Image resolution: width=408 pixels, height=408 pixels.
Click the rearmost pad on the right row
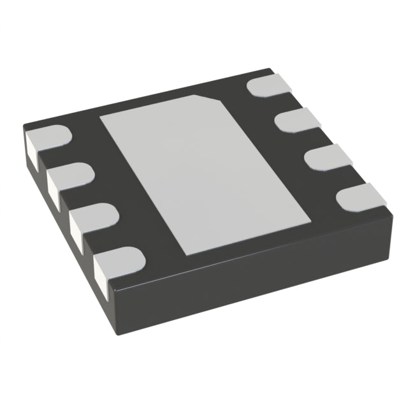[266, 85]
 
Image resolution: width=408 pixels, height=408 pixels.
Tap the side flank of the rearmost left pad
[31, 150]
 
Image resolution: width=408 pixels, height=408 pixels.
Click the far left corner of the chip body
[22, 127]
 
